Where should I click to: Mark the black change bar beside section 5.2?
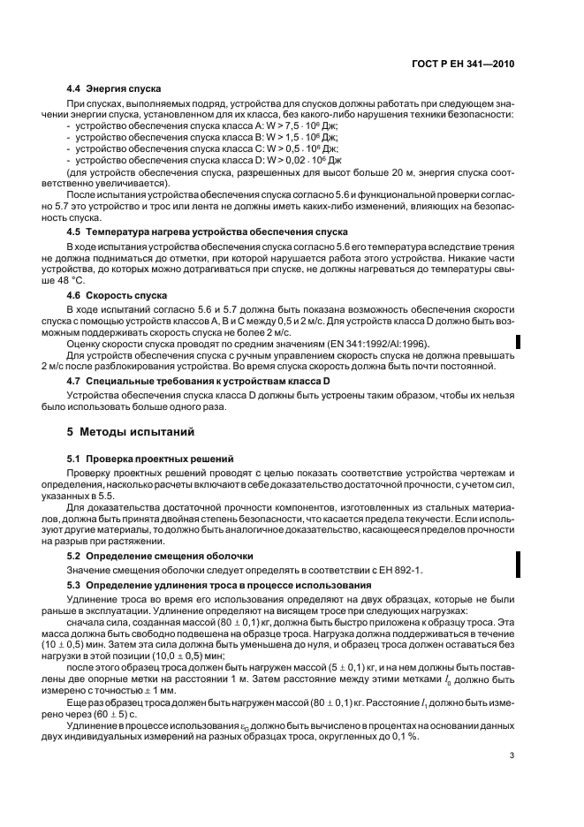pos(518,563)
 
